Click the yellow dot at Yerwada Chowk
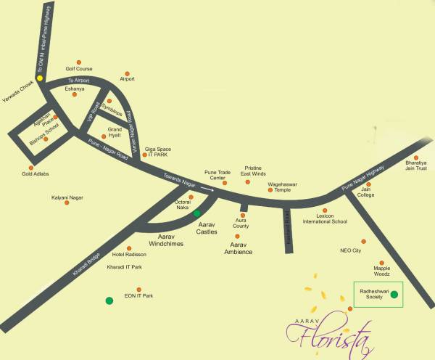[41, 78]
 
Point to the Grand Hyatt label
[115, 132]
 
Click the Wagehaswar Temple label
[283, 187]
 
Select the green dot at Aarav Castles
[196, 213]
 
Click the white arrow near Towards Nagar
[208, 190]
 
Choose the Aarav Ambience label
[236, 248]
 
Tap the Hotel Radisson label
[129, 255]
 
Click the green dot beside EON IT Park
[109, 300]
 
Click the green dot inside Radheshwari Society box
[394, 295]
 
